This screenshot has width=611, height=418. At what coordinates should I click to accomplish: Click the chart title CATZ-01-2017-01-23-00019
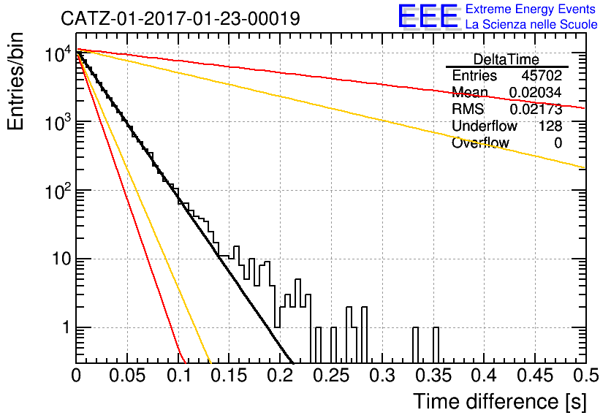tap(181, 18)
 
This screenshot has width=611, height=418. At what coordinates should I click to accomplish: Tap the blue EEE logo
tap(428, 16)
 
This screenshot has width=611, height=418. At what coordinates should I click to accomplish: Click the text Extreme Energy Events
tap(531, 9)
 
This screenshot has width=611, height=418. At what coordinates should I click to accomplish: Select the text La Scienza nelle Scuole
tap(531, 24)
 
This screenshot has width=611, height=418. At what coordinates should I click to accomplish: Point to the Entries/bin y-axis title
tap(15, 81)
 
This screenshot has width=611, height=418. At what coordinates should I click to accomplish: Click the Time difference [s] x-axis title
tap(500, 401)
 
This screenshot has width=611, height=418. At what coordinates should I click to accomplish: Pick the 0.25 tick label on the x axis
tap(333, 376)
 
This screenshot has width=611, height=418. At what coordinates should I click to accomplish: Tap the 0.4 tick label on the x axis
tap(485, 376)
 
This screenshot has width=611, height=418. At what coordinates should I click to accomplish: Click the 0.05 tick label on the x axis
tap(127, 376)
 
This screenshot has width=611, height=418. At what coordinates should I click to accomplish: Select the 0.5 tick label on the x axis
tap(585, 376)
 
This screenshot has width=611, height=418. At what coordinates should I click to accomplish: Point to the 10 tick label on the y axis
tap(62, 259)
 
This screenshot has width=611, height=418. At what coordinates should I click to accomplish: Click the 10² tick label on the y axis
tap(58, 190)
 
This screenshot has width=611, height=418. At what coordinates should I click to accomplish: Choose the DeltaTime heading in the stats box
tap(506, 59)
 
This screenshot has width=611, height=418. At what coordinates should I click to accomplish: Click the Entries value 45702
tap(542, 75)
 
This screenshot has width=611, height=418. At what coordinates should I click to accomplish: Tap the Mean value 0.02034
tap(536, 92)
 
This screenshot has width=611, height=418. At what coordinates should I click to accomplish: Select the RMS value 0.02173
tap(536, 109)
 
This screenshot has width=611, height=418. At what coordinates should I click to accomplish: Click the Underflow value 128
tap(550, 126)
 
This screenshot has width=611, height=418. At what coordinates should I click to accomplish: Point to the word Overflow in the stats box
tap(480, 143)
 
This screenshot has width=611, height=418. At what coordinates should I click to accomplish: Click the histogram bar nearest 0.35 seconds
tap(436, 345)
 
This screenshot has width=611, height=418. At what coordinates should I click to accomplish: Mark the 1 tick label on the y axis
tap(66, 327)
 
